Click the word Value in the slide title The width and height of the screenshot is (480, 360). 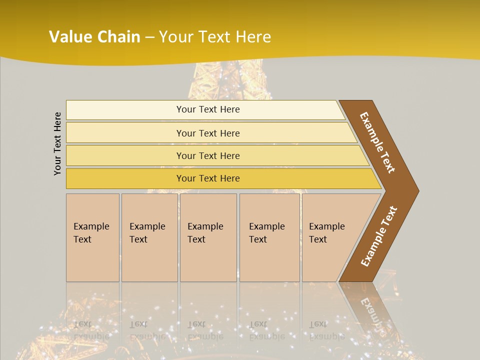[x=68, y=37]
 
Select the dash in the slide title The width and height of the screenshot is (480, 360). [x=149, y=37]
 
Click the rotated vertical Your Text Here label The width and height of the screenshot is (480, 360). [x=58, y=143]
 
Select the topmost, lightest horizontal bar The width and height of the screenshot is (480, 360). [x=205, y=109]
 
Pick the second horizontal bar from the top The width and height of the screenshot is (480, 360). [x=208, y=133]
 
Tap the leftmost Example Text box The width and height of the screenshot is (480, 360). [x=92, y=237]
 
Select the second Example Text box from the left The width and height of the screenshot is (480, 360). [x=149, y=237]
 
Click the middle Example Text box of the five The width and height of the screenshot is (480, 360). [x=207, y=237]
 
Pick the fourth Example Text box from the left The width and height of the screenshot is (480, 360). [x=269, y=237]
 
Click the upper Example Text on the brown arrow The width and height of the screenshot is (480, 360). [x=377, y=142]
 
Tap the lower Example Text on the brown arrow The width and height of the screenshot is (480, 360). [x=378, y=236]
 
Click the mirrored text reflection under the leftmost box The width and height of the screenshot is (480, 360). [x=91, y=330]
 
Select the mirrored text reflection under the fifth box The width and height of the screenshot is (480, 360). [x=326, y=330]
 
